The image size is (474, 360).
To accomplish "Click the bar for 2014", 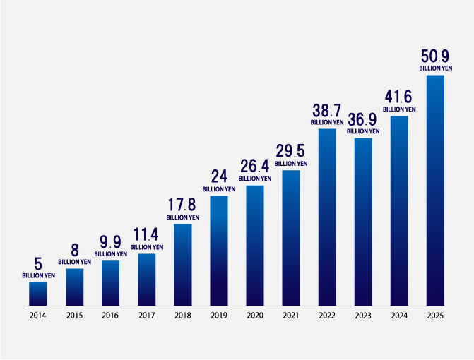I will pos(38,294).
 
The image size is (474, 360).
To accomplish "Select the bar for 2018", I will pos(183,265).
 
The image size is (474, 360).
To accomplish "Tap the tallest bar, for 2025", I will pos(435,191).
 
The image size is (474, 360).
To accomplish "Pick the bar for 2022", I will pos(327,217).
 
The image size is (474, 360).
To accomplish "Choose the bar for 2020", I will pos(255,246).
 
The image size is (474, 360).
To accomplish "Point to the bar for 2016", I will pos(111,283).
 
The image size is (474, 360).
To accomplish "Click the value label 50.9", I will pos(435,56).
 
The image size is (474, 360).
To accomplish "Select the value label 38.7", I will pos(327,111).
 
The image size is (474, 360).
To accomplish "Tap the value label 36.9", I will pos(363,119).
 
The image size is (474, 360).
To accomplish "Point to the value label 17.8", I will pos(183,205).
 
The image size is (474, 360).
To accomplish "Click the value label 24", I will pos(219,177).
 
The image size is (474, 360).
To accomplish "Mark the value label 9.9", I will pos(111,242).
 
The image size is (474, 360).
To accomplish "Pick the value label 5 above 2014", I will pos(38,264).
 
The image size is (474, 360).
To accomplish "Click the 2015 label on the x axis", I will pos(75,316).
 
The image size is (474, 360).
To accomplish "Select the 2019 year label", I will pos(219,316).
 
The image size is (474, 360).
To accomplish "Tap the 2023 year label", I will pos(363,316).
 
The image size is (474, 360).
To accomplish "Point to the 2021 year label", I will pos(291,316).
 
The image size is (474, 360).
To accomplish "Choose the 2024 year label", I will pos(399,316).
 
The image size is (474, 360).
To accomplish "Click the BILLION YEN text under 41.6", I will pos(399,109).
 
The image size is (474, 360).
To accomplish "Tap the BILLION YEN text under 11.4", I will pos(147,247).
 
